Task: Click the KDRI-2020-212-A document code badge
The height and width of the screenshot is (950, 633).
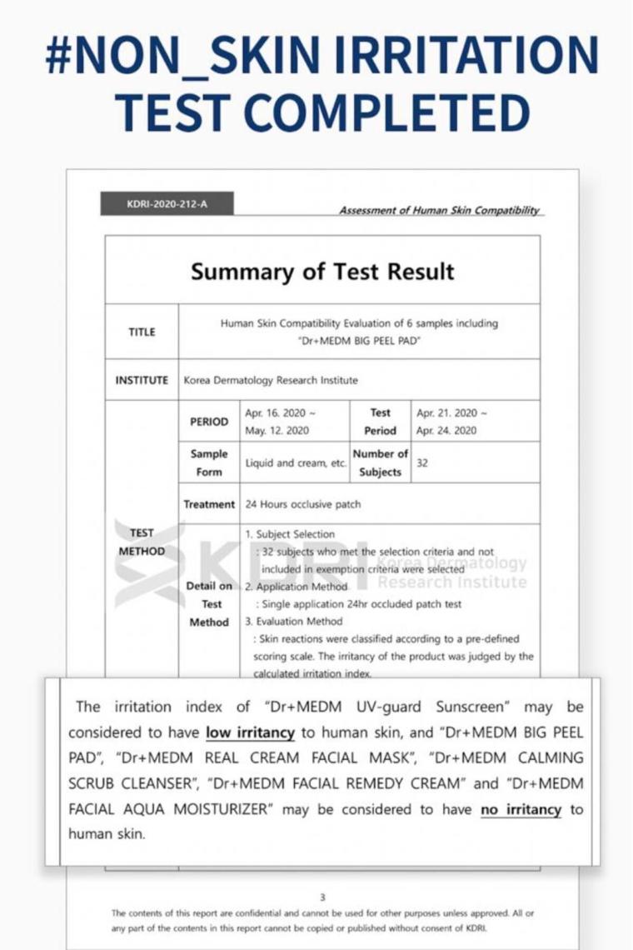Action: tap(167, 203)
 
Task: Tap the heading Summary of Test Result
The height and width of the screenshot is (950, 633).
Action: tap(322, 272)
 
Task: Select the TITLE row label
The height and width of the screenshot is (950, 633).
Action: tap(142, 332)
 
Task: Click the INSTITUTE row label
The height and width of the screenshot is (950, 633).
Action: tap(142, 380)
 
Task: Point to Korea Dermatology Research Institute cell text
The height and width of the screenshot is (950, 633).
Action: tap(271, 380)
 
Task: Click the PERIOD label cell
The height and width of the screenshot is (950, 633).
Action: tap(208, 422)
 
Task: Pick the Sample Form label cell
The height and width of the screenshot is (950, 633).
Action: tap(208, 462)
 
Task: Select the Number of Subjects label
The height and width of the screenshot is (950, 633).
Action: tap(380, 462)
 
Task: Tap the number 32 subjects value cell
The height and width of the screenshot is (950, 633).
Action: tap(422, 463)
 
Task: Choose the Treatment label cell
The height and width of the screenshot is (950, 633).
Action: tap(209, 504)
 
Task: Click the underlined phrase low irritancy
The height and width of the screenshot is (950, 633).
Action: tap(250, 732)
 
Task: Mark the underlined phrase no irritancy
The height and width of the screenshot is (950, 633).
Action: tap(521, 809)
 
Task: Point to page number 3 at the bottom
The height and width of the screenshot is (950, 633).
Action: tap(322, 897)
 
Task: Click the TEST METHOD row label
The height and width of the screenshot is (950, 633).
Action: tap(142, 542)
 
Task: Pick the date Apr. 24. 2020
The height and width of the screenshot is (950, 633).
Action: tap(446, 431)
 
